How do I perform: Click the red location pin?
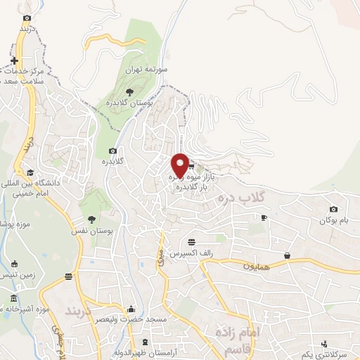[x=180, y=165]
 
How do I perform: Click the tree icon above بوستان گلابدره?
[x=128, y=91]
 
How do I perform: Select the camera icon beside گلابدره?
[x=112, y=151]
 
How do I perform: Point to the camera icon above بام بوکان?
[x=333, y=209]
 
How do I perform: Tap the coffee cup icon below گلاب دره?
[x=264, y=218]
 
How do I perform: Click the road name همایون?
[x=257, y=266]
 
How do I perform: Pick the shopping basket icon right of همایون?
[x=288, y=255]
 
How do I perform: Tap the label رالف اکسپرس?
[x=192, y=252]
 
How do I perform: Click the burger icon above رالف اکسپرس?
[x=192, y=241]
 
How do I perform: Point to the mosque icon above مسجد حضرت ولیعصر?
[x=130, y=309]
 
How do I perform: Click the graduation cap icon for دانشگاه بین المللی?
[x=30, y=173]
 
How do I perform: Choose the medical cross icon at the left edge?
[x=14, y=61]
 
